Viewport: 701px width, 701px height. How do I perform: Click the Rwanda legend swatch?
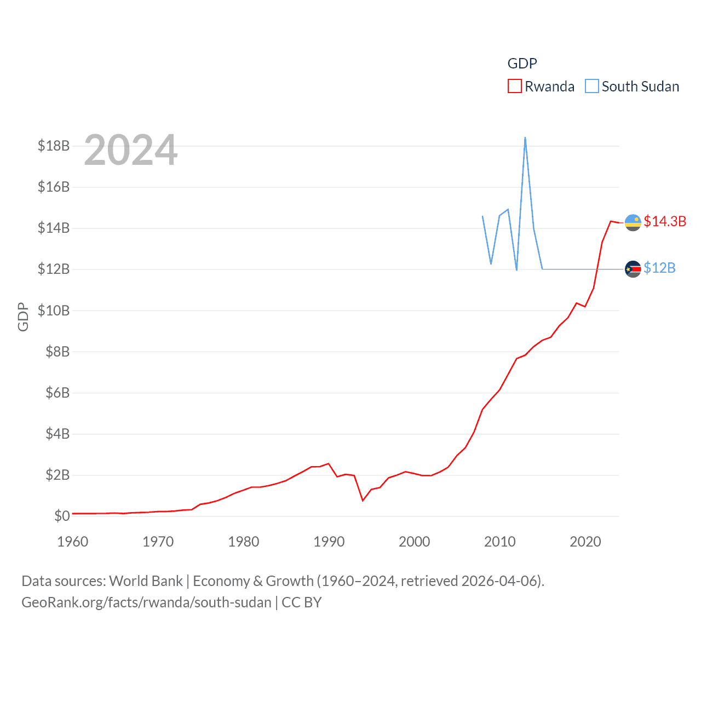click(x=514, y=87)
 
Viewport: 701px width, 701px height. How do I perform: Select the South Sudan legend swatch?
click(x=591, y=87)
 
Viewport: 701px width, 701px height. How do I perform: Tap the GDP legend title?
click(x=522, y=64)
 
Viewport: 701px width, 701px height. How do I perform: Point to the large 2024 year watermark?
click(x=131, y=150)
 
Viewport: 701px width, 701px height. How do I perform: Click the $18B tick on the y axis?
click(x=54, y=146)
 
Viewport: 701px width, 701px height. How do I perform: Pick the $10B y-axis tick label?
click(x=54, y=311)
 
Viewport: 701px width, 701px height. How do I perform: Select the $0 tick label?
click(x=62, y=516)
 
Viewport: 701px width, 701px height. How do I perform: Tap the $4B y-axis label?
click(x=58, y=434)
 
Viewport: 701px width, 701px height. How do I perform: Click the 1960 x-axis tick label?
click(x=73, y=542)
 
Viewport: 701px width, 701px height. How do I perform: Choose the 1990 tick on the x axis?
click(x=329, y=542)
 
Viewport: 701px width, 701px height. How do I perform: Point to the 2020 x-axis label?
click(x=585, y=542)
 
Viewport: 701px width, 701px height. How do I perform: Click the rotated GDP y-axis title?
click(x=23, y=317)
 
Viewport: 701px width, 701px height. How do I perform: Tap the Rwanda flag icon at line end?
click(x=633, y=222)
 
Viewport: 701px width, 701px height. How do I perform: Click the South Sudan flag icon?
click(x=633, y=269)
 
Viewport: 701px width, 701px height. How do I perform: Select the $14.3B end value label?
click(x=665, y=221)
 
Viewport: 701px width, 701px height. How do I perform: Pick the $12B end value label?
click(x=659, y=268)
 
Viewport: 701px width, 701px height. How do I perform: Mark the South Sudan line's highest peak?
click(x=525, y=137)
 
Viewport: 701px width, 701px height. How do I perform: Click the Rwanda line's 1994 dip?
click(x=363, y=500)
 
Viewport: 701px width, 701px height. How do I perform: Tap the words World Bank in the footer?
click(x=146, y=581)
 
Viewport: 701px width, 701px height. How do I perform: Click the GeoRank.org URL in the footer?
click(x=146, y=602)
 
